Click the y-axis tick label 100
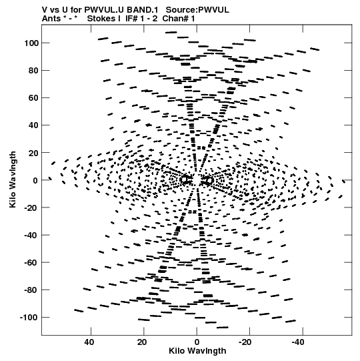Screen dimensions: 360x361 pyautogui.click(x=31, y=43)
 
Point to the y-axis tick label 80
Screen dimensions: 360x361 pyautogui.click(x=33, y=71)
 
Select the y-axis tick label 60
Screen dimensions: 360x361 pyautogui.click(x=33, y=98)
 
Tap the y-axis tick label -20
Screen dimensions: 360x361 pyautogui.click(x=31, y=208)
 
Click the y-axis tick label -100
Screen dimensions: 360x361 pyautogui.click(x=29, y=318)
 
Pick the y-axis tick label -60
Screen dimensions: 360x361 pyautogui.click(x=31, y=263)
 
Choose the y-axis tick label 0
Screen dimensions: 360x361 pyautogui.click(x=35, y=180)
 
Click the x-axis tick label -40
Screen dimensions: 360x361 pyautogui.click(x=298, y=342)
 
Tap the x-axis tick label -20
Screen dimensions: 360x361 pyautogui.click(x=245, y=342)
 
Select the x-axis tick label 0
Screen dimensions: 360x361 pyautogui.click(x=197, y=342)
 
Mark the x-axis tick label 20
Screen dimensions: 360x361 pyautogui.click(x=142, y=342)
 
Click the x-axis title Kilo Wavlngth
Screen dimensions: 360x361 pyautogui.click(x=197, y=351)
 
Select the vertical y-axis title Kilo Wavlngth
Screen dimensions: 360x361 pyautogui.click(x=13, y=179)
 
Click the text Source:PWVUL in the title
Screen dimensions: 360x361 pyautogui.click(x=197, y=10)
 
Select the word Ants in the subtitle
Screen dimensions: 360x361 pyautogui.click(x=51, y=19)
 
